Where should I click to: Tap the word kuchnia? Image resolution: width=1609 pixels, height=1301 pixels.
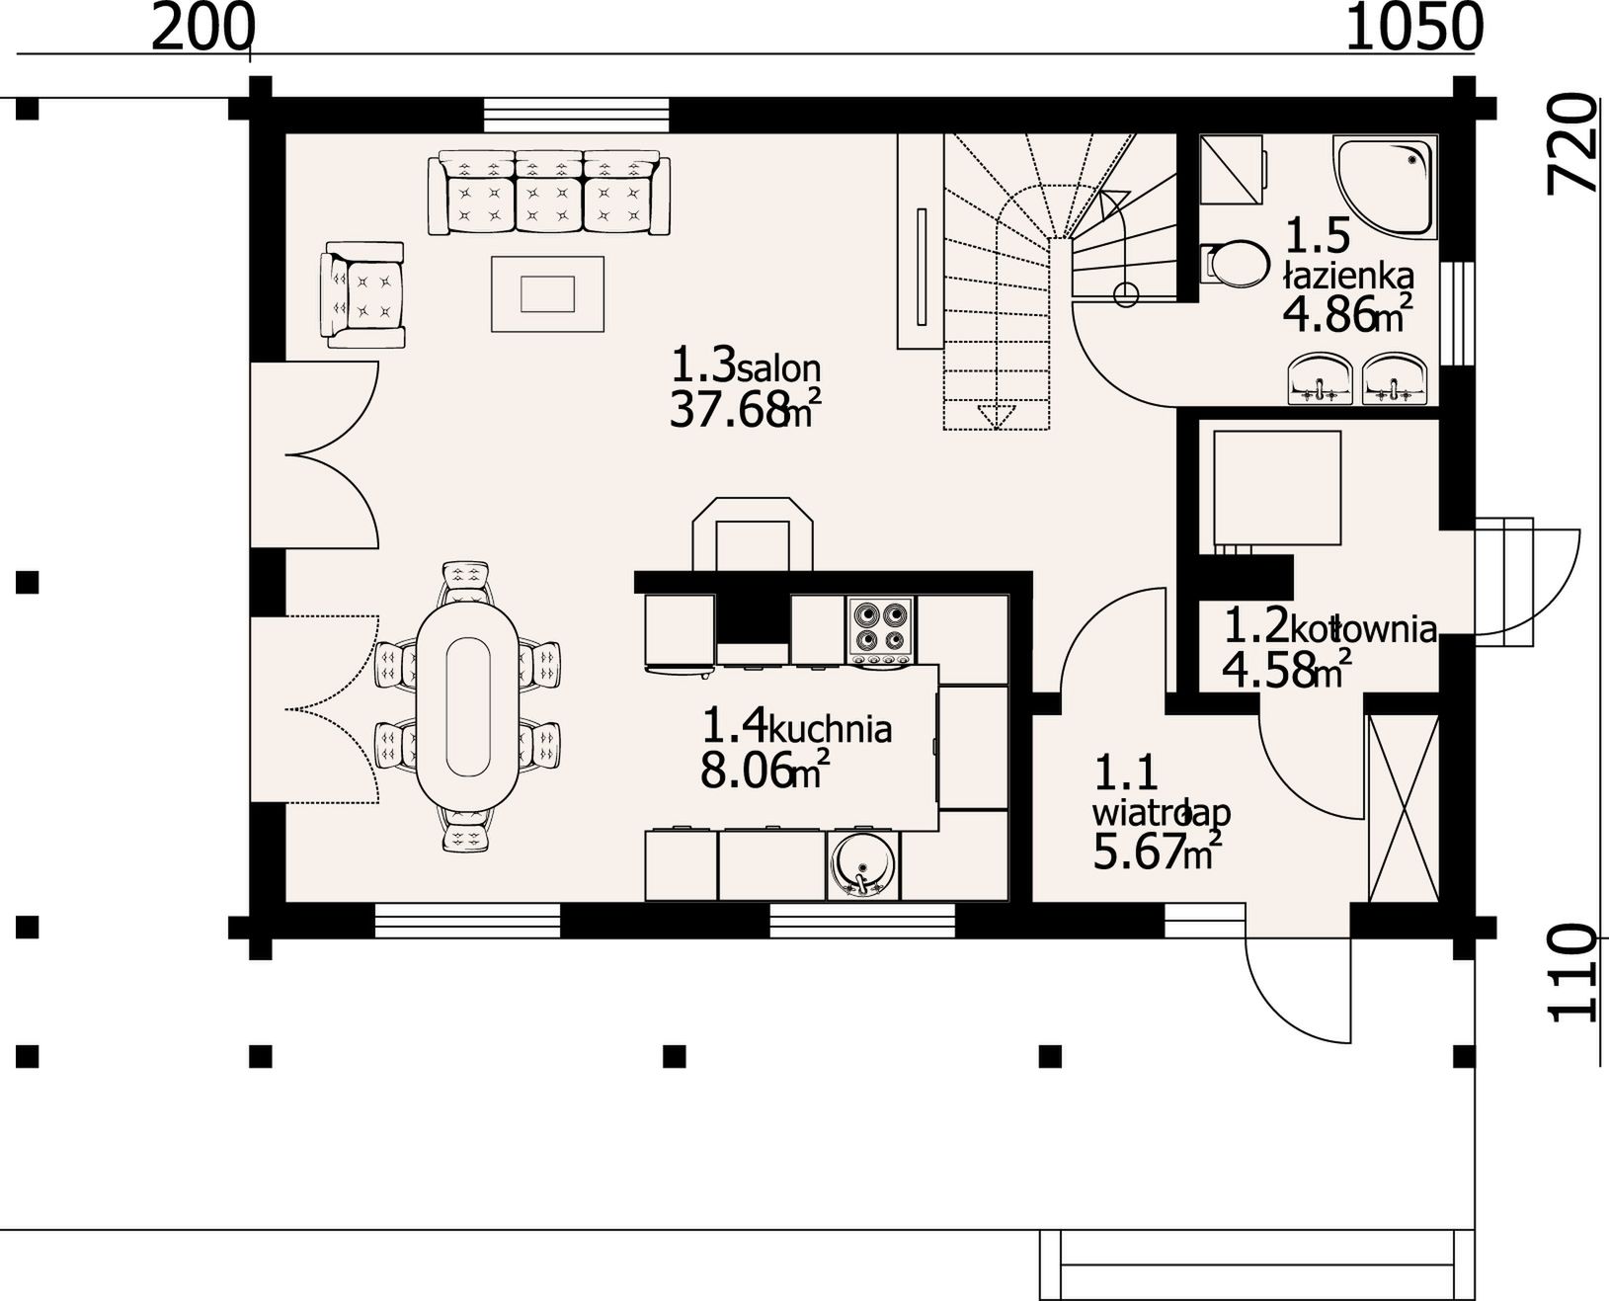point(830,730)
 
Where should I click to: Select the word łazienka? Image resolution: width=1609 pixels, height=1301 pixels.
point(1349,275)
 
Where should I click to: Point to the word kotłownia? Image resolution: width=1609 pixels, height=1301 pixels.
point(1363,628)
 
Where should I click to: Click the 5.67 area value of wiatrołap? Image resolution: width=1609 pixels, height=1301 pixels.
point(1137,854)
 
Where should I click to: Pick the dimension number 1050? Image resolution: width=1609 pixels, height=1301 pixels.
point(1414,29)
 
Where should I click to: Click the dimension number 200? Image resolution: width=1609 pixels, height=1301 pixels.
point(203,29)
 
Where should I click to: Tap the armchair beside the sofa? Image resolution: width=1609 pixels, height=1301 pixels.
point(362,294)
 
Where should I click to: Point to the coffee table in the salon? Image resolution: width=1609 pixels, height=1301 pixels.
point(547,294)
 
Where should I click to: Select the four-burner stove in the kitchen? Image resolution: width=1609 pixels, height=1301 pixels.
point(880,630)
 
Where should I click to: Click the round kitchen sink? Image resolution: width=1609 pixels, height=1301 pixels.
point(862,863)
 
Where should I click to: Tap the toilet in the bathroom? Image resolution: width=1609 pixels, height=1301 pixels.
point(1235,263)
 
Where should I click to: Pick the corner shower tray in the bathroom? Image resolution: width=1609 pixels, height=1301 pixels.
point(1384,185)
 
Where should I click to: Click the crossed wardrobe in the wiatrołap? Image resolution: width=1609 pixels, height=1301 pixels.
point(1404,808)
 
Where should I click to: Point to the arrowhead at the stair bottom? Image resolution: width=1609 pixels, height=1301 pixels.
point(997,417)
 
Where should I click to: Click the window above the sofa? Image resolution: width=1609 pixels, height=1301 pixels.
point(577,115)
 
